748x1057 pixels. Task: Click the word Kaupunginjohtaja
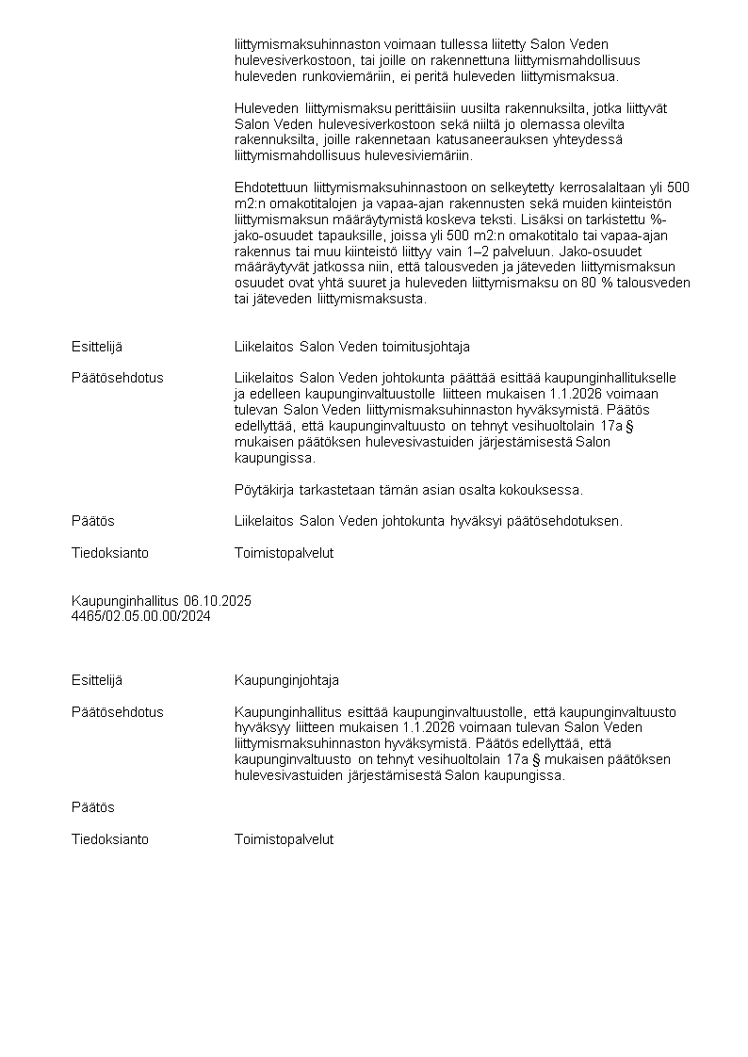click(x=286, y=680)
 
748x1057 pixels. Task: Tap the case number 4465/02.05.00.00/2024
click(x=140, y=616)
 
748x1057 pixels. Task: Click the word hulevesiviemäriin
click(x=468, y=154)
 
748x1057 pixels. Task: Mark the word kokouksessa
click(x=545, y=490)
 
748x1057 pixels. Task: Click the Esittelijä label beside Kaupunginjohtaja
click(x=97, y=680)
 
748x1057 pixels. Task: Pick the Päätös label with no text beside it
click(x=93, y=807)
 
